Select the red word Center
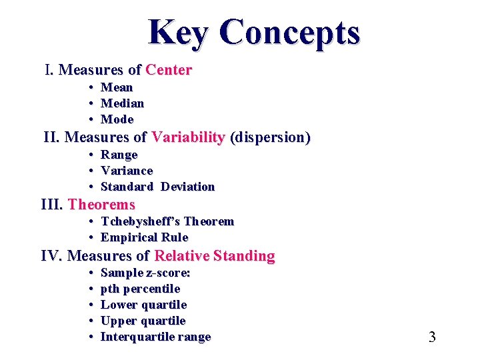[169, 70]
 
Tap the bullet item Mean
[117, 87]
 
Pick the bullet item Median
[122, 103]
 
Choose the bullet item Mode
[117, 119]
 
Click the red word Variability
[188, 138]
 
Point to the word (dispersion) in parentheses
[270, 138]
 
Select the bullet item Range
[119, 155]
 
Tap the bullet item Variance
[127, 171]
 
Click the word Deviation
[187, 187]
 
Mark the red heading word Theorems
[101, 205]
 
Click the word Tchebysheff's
[140, 221]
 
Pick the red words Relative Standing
[214, 256]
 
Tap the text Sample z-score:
[145, 273]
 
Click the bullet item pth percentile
[140, 289]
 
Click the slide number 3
[432, 337]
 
